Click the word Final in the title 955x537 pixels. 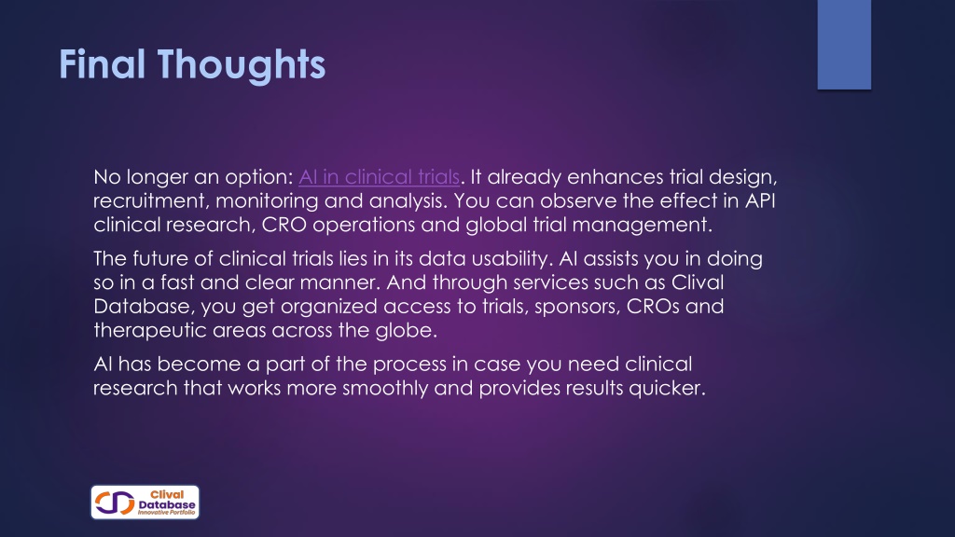(x=102, y=64)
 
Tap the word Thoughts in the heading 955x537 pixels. (x=242, y=65)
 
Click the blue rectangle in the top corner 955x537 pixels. (x=843, y=45)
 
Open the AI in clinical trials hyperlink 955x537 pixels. (x=379, y=176)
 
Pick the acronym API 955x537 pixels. (x=760, y=200)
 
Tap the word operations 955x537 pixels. (x=364, y=225)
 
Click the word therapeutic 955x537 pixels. (x=150, y=330)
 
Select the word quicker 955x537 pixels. (x=667, y=388)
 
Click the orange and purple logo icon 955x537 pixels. (x=115, y=503)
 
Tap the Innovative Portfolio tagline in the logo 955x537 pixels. (x=166, y=513)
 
